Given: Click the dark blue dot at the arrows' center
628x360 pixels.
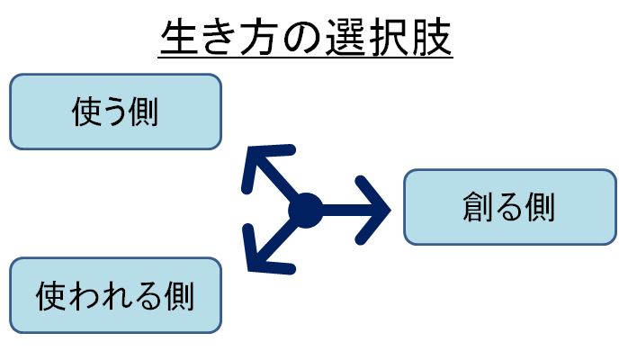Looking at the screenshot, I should pos(306,211).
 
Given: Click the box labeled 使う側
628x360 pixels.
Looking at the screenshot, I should pos(115,112).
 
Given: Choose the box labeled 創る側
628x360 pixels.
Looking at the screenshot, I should pos(509,207).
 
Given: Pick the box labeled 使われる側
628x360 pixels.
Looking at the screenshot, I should pos(115,294).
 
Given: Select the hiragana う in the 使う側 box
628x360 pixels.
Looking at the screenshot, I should pos(115,112).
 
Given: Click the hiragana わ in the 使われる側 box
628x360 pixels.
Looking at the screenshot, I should pos(84,295).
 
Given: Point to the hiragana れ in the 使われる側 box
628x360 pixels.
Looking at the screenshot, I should pos(115,295).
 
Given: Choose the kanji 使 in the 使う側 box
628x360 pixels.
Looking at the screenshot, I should pos(85,112).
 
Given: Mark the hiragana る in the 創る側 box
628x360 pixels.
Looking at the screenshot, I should pos(509,208).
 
